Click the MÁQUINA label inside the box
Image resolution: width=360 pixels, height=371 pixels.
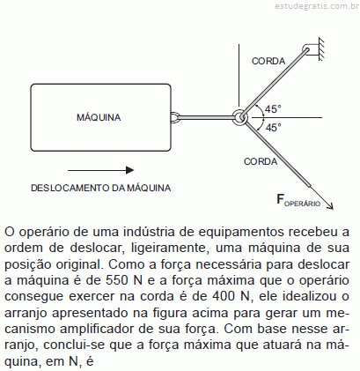click(99, 117)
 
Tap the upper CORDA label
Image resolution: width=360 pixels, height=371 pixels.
click(268, 61)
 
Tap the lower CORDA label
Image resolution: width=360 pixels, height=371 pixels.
click(261, 161)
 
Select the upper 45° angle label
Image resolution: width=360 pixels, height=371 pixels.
click(273, 109)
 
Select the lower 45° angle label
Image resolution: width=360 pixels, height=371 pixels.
click(273, 128)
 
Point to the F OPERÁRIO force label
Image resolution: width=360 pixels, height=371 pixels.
click(298, 200)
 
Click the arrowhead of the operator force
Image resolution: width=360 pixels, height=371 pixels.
click(331, 207)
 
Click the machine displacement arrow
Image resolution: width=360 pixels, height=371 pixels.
click(101, 170)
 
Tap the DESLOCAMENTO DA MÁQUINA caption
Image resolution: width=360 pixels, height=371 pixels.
click(101, 188)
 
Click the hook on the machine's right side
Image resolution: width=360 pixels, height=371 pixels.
click(174, 117)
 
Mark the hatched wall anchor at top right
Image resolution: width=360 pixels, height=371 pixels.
click(321, 49)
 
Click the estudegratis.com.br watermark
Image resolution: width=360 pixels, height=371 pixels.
click(317, 6)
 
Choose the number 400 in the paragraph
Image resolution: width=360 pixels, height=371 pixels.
click(223, 296)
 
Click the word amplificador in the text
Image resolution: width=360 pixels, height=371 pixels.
click(97, 329)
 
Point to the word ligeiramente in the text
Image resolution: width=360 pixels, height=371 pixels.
click(167, 249)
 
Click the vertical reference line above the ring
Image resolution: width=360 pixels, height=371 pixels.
click(239, 75)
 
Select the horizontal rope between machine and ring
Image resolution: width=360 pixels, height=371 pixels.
click(205, 117)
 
